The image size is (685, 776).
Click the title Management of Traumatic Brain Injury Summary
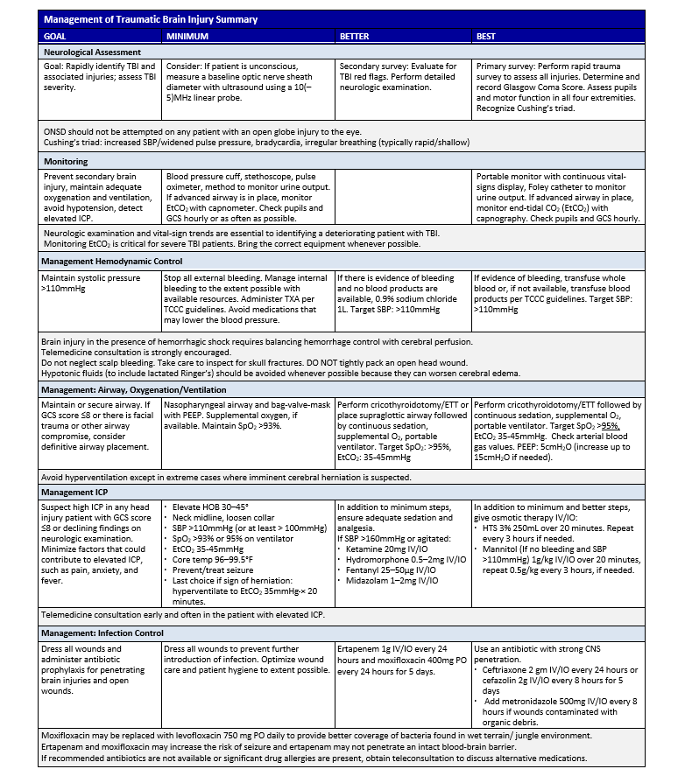151,18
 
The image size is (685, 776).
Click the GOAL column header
58,36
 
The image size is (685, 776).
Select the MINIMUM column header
188,36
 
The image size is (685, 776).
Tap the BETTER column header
357,36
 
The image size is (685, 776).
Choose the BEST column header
486,36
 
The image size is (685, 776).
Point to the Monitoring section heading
66,162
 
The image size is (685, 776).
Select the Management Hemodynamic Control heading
113,262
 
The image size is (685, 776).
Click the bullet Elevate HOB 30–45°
215,507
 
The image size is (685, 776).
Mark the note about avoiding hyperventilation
227,477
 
